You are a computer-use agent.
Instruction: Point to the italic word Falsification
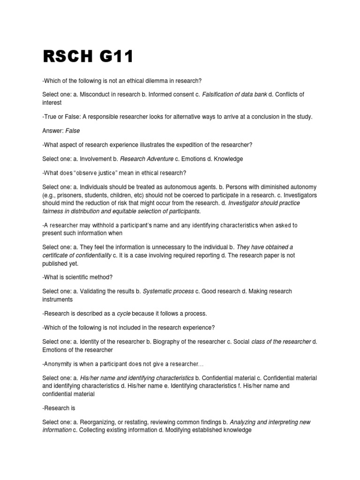tap(220, 94)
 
